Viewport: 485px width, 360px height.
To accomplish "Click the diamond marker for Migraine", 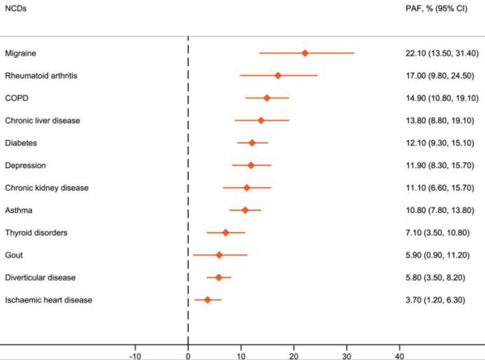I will pos(305,53).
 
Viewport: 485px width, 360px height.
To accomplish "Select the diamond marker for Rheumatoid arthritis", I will pos(278,76).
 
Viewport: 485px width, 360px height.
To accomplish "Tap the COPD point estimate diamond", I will pos(267,98).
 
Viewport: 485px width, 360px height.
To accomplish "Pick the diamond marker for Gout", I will pos(219,255).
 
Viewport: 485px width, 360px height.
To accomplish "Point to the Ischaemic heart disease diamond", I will pos(207,300).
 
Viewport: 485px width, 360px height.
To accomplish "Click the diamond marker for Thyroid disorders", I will pos(225,233).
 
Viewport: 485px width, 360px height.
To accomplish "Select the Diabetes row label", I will pos(21,143).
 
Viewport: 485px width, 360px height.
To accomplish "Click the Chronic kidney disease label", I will pos(47,188).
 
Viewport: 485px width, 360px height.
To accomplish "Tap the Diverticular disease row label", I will pos(40,278).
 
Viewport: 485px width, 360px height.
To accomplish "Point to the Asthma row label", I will pos(19,210).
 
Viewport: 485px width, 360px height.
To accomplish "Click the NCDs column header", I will pos(16,8).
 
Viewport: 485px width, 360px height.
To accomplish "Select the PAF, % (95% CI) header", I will pos(436,8).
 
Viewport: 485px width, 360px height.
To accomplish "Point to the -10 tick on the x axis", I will pos(135,356).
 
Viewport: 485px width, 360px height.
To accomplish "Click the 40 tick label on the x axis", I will pos(399,356).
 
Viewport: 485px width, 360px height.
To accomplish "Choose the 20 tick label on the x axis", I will pos(294,356).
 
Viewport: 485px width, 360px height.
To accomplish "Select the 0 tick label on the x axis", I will pos(188,356).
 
